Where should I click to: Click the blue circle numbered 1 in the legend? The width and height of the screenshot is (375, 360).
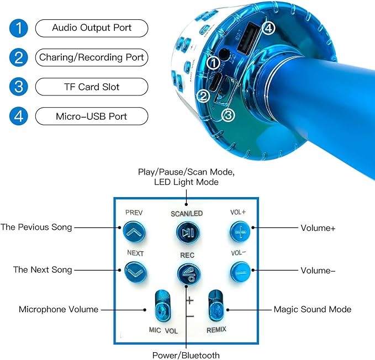19,28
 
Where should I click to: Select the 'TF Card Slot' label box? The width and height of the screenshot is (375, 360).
92,87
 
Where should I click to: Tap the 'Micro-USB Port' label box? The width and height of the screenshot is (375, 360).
92,116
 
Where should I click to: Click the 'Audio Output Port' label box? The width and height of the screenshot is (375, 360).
92,28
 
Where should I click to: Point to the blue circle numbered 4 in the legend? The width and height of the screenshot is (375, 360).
19,116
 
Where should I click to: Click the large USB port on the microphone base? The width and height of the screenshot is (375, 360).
248,36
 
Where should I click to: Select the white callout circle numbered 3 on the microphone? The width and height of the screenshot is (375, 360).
228,115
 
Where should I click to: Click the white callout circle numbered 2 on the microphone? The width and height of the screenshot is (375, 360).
203,96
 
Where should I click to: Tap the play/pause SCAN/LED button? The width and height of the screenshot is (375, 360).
188,232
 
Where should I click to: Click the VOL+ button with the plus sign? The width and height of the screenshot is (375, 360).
240,231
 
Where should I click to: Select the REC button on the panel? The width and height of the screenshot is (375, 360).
189,274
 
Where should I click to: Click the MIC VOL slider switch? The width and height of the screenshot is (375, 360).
163,306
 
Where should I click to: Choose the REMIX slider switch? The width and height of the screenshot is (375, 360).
216,305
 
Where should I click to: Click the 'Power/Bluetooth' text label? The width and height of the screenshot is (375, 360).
186,356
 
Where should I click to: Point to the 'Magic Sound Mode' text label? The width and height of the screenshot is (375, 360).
313,309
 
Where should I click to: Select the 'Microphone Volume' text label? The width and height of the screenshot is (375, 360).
59,309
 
